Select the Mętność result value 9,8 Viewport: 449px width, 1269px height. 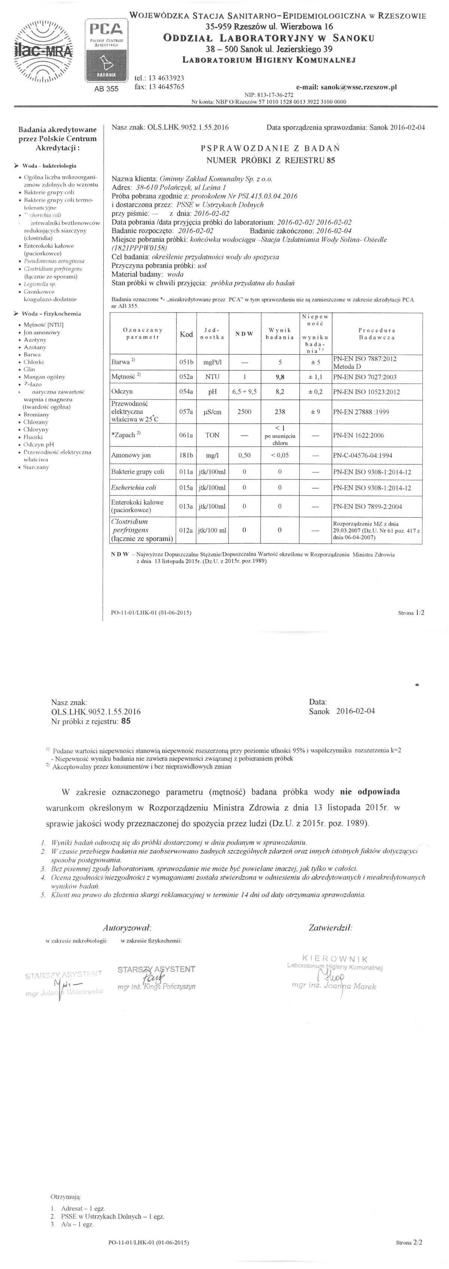[280, 377]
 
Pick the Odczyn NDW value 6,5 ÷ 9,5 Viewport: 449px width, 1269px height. [244, 392]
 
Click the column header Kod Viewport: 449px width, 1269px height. [186, 334]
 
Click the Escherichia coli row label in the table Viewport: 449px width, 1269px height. [134, 488]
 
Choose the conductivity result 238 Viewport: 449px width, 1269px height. [280, 412]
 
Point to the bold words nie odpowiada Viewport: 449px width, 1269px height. [370, 792]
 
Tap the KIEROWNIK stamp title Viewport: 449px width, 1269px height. [335, 958]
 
